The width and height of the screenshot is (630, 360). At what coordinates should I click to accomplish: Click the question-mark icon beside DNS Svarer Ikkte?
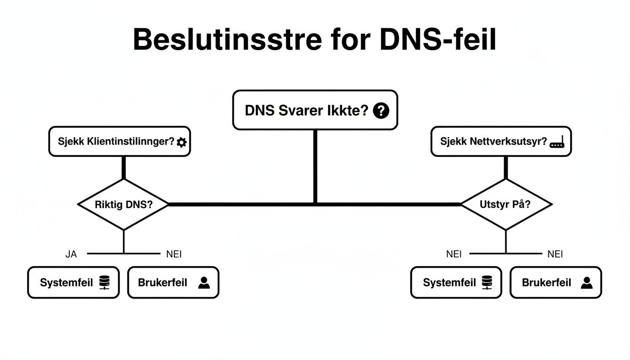(x=381, y=111)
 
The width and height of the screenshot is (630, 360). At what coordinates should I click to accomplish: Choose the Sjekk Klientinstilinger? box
(x=120, y=141)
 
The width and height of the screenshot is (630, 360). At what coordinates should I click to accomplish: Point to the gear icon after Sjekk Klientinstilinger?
(x=181, y=142)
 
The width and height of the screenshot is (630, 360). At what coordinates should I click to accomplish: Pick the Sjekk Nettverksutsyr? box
(x=501, y=141)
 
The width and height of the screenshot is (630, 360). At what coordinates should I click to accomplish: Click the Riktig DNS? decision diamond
(x=123, y=204)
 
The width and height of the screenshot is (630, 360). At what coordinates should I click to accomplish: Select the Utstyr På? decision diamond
(x=506, y=204)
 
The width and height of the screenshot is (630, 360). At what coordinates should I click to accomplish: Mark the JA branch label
(x=71, y=255)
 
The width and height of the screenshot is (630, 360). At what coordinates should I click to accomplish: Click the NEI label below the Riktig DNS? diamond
(x=174, y=255)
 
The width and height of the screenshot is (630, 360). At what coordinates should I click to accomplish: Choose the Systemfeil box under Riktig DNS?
(x=74, y=283)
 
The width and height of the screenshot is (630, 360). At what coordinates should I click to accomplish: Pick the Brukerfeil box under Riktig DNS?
(x=173, y=283)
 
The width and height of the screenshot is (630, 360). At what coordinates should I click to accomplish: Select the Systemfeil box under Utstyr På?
(x=456, y=283)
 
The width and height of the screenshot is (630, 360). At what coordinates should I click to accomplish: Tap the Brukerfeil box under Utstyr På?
(x=555, y=283)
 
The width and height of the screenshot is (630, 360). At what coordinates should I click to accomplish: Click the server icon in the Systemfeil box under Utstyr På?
(x=487, y=283)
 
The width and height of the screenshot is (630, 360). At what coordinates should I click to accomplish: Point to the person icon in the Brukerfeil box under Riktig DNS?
(x=204, y=283)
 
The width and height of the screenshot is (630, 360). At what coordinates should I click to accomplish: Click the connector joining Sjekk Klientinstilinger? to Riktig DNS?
(x=124, y=167)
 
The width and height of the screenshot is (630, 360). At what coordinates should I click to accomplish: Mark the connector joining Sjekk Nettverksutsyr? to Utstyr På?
(x=506, y=167)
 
